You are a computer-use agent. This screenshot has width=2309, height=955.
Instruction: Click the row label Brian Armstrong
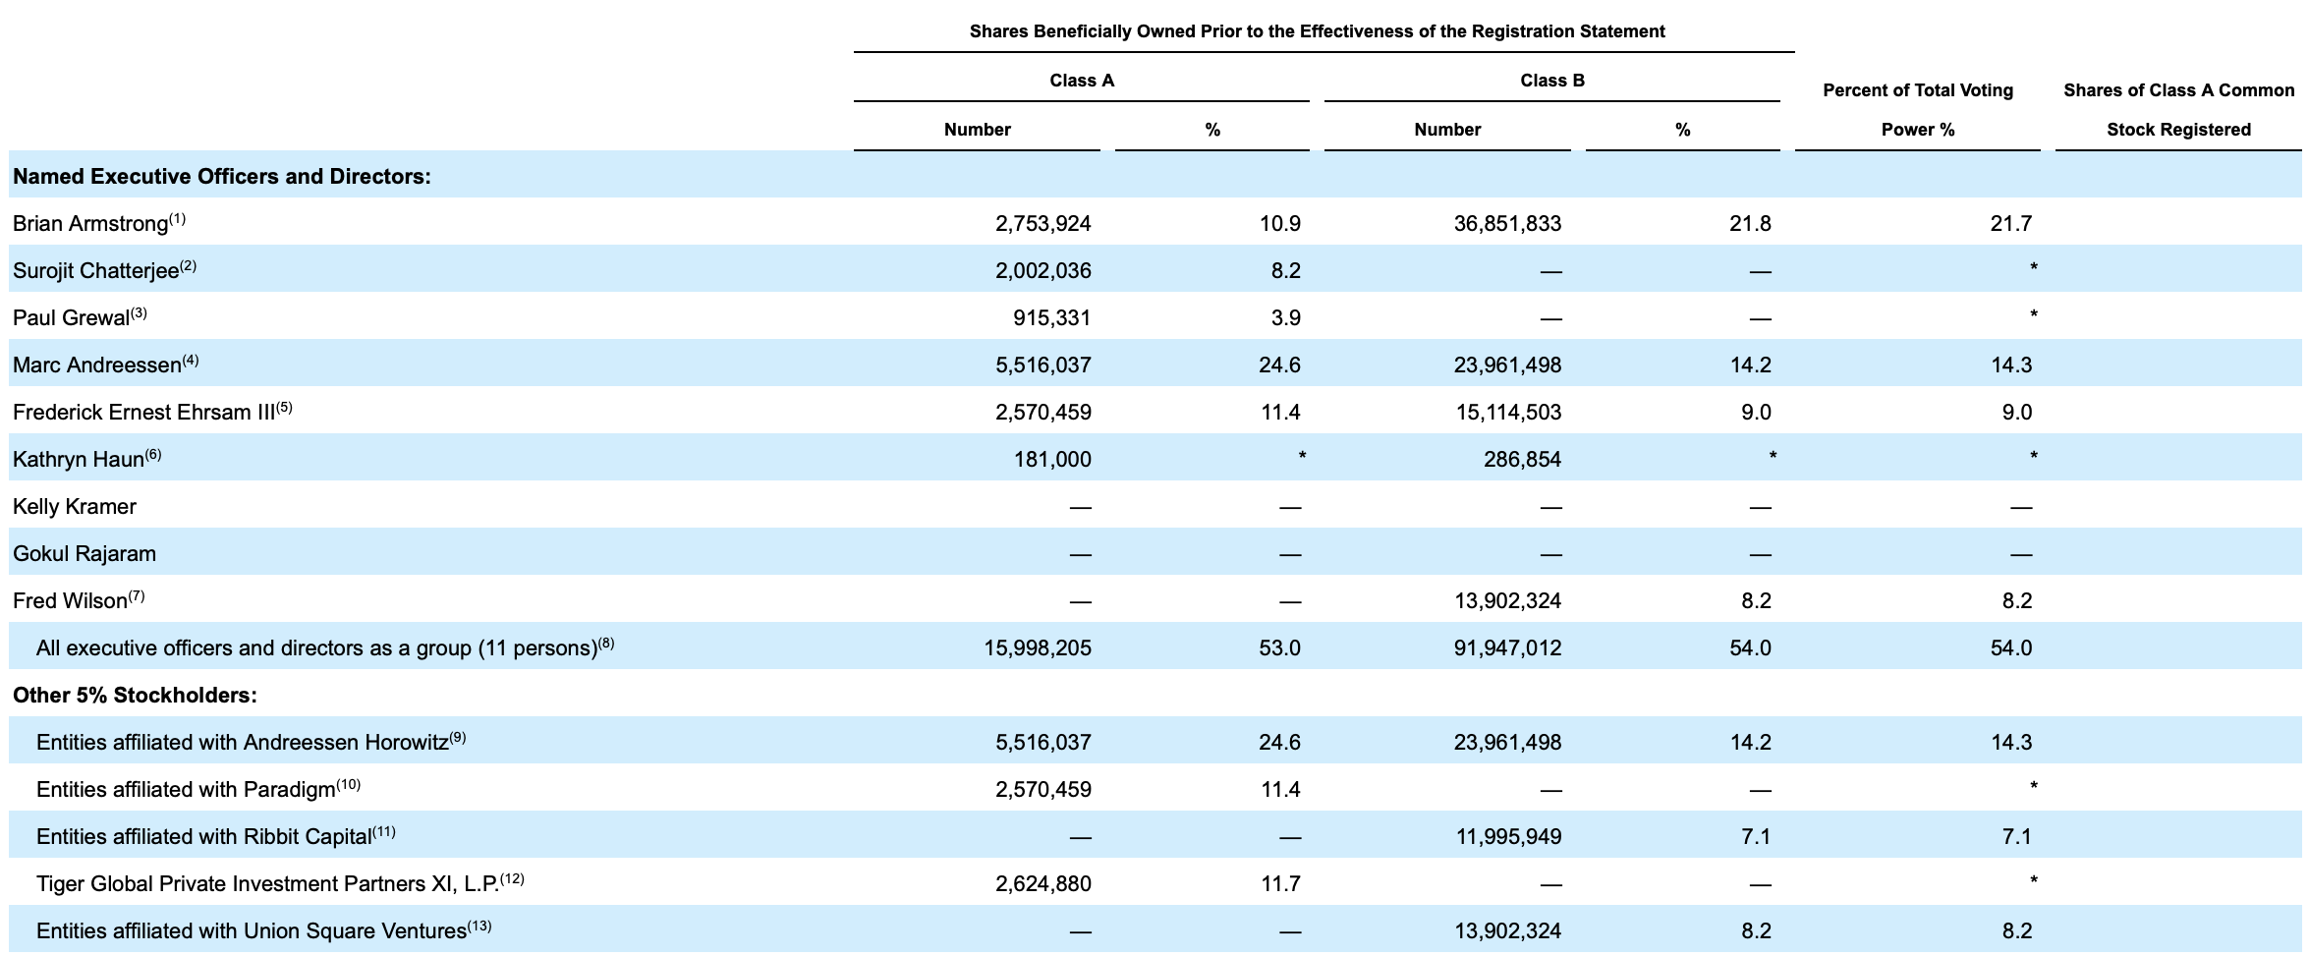pos(90,224)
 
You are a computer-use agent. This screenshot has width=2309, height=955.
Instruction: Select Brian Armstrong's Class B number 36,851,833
pos(1507,224)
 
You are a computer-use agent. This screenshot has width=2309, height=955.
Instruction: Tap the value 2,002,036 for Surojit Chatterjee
pos(1042,271)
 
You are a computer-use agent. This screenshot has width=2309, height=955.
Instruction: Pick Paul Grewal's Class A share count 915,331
pos(1051,318)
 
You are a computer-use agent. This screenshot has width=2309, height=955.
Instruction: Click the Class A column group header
pos(1082,81)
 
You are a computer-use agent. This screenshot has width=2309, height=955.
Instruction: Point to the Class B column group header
pos(1552,81)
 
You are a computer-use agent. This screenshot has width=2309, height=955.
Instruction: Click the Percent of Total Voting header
pos(1918,90)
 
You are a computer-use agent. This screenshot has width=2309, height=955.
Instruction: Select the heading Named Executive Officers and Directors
pos(222,177)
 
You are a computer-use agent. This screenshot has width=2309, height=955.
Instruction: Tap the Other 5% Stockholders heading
pos(135,696)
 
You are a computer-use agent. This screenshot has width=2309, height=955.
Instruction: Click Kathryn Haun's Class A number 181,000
pos(1052,460)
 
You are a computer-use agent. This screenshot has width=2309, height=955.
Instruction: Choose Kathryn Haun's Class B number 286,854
pos(1522,460)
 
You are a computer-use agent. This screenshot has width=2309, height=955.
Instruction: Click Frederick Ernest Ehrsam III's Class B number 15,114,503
pos(1508,413)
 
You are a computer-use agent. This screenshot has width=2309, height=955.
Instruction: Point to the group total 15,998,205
pos(1038,648)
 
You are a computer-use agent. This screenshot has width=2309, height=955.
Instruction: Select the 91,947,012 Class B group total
pos(1507,648)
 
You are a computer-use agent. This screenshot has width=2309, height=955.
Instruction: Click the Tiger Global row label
pos(267,884)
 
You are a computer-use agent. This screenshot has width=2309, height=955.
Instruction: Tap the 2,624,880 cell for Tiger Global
pos(1042,884)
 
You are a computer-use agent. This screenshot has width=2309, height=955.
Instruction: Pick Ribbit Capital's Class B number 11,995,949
pos(1508,837)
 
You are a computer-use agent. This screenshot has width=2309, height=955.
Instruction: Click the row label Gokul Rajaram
pos(84,554)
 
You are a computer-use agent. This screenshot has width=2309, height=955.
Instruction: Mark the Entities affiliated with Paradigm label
pos(186,790)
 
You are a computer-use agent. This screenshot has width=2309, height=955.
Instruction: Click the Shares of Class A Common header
pos(2179,90)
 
